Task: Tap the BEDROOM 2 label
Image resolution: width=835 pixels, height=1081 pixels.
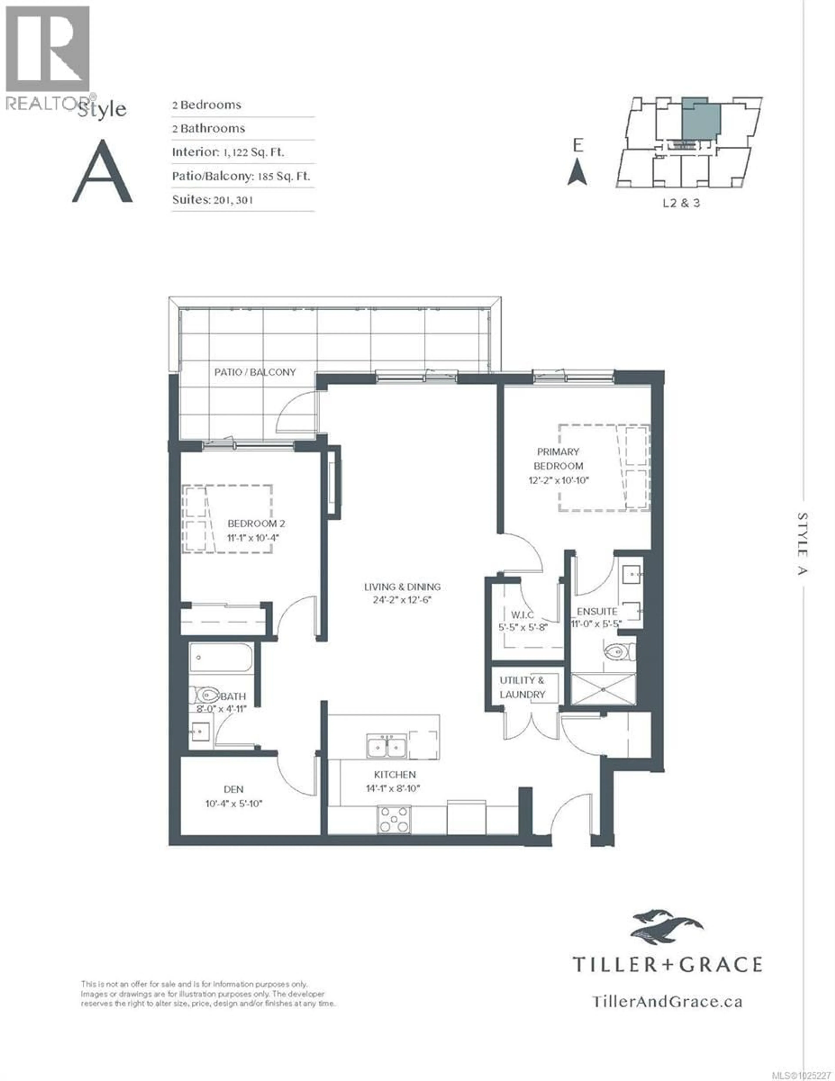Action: click(x=256, y=523)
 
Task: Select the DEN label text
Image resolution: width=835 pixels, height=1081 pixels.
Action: click(x=233, y=789)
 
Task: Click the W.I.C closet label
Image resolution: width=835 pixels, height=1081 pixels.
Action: click(x=522, y=615)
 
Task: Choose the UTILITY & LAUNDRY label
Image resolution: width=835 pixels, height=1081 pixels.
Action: click(x=522, y=688)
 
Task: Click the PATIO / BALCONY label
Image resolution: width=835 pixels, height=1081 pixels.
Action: click(x=255, y=372)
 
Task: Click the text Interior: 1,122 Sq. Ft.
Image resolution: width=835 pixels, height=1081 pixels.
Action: click(x=228, y=152)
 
